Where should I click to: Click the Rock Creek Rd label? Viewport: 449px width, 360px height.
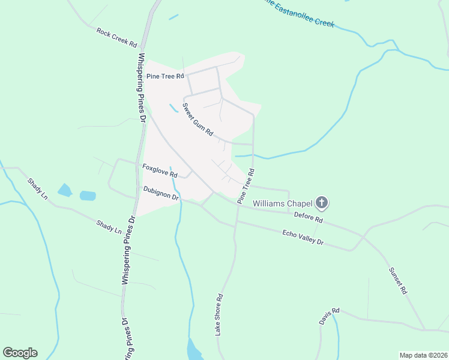pos(116,37)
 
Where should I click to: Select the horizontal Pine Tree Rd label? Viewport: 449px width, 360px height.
pos(165,76)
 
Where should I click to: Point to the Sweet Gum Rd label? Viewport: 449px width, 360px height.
pos(198,121)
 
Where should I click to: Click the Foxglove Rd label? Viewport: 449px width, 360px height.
pos(160,170)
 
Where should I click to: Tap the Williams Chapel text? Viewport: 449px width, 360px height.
pos(282,203)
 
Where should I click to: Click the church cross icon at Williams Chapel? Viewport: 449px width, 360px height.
pos(322,203)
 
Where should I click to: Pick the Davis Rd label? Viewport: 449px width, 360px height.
pos(330,317)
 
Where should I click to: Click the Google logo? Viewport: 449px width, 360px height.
pos(20,353)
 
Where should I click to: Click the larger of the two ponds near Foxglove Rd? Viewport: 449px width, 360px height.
pos(88,196)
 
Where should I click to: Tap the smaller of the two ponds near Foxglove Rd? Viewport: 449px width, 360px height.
pos(65,191)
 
